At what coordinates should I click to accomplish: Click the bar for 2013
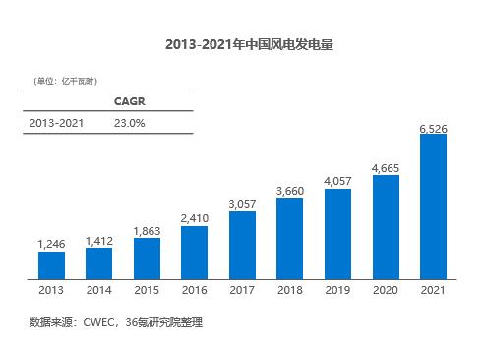point(51,266)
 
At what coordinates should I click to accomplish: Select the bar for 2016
point(194,253)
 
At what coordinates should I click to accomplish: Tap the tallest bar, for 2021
point(433,207)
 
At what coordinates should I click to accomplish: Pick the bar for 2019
point(337,234)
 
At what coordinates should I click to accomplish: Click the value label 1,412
point(99,241)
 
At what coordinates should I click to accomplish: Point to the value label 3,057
point(242,204)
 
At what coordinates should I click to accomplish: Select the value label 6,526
point(433,129)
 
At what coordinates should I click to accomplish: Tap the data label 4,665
point(386,168)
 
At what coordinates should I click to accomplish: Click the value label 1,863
point(147,231)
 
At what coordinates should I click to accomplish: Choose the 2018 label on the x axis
point(290,290)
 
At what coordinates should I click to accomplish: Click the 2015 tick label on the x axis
point(147,290)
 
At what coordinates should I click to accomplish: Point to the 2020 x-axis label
point(386,290)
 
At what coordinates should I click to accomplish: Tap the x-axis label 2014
point(99,290)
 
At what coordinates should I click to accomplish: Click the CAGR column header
point(130,101)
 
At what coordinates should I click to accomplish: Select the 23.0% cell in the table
point(130,123)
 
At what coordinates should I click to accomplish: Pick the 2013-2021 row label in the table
point(56,123)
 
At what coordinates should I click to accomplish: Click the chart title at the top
point(249,44)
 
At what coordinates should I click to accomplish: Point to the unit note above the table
point(65,81)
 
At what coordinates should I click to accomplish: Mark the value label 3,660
point(290,191)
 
